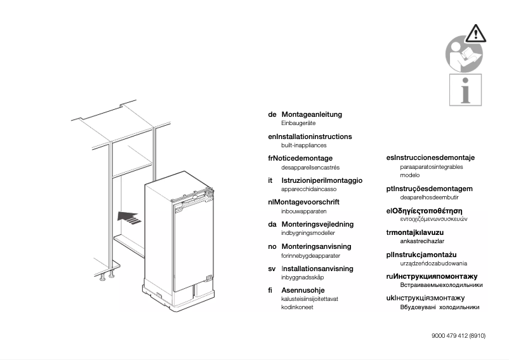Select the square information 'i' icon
pyautogui.click(x=465, y=90)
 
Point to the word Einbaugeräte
pyautogui.click(x=298, y=123)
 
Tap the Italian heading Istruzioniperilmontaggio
pyautogui.click(x=322, y=180)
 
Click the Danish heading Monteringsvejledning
pyautogui.click(x=317, y=224)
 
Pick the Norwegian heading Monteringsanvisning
pyautogui.click(x=315, y=246)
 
